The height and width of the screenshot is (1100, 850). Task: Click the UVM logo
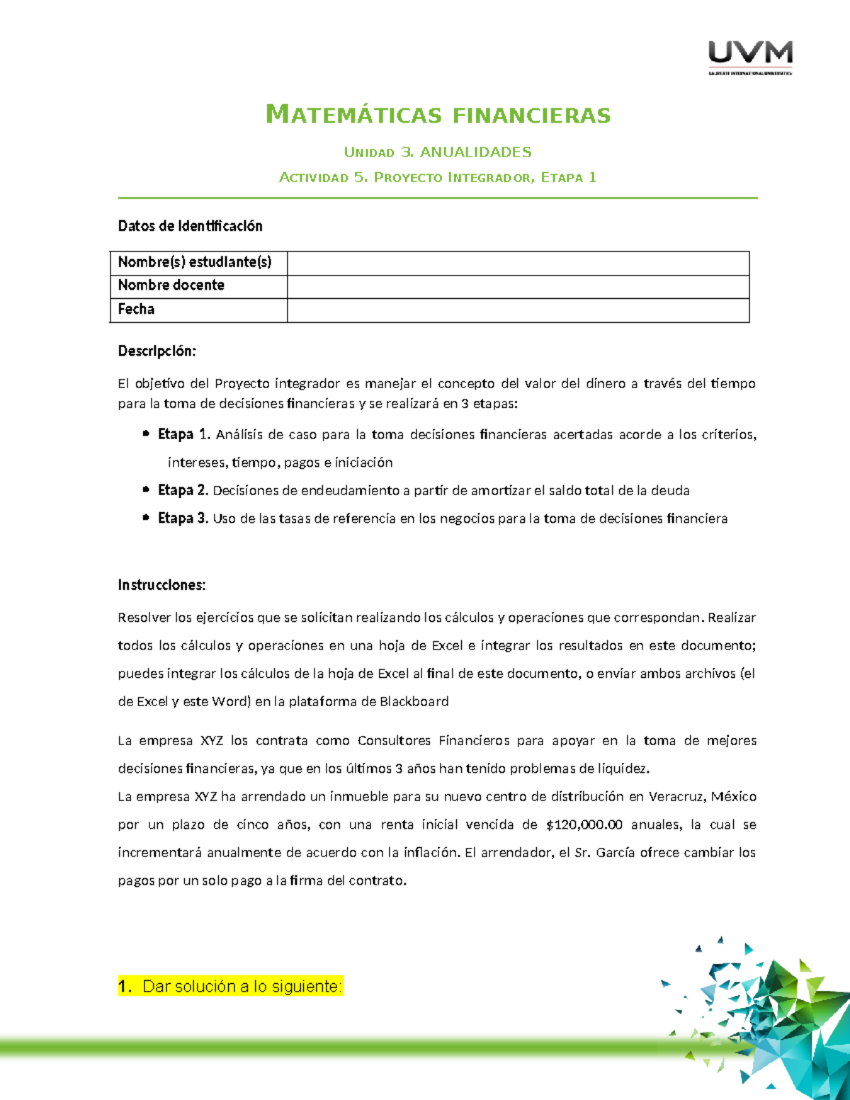tap(750, 56)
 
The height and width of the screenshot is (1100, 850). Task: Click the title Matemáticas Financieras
tap(438, 115)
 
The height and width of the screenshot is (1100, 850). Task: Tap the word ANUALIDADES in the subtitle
tap(475, 152)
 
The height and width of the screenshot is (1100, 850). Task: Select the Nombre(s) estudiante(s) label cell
tap(195, 263)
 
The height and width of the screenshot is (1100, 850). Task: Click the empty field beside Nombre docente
tap(518, 286)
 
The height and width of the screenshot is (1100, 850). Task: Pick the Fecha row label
tap(136, 310)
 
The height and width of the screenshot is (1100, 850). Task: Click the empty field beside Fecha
tap(518, 310)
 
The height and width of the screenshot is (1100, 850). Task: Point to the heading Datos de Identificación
tap(190, 226)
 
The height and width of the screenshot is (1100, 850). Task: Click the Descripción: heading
tap(157, 351)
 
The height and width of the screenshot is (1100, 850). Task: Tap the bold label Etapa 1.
tap(183, 434)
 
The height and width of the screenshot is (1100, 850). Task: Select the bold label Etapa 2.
tap(183, 490)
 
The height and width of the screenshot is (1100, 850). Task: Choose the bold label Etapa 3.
tap(183, 518)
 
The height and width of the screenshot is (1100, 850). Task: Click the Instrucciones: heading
tap(161, 585)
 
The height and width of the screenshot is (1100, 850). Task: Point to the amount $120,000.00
tap(584, 824)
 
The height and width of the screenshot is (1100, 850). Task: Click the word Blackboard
tap(414, 702)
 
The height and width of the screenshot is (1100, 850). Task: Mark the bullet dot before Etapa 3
tap(145, 518)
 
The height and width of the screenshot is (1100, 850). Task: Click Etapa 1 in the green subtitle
tap(569, 178)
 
